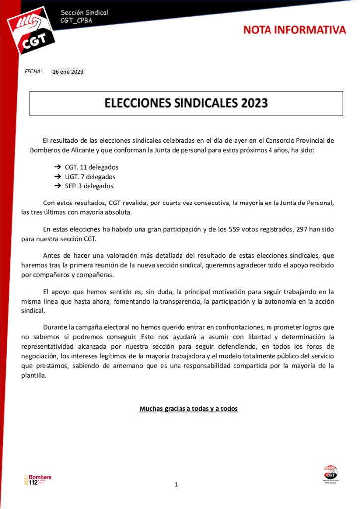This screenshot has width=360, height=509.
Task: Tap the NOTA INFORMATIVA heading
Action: tap(294, 30)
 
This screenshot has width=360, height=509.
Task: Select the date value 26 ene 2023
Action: tap(68, 72)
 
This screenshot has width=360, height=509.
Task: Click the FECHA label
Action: tap(33, 72)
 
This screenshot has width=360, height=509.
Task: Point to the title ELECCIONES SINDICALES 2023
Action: tap(186, 103)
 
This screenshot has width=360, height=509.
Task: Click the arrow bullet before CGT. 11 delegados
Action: tap(57, 167)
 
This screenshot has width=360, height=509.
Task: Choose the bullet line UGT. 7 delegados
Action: tap(90, 177)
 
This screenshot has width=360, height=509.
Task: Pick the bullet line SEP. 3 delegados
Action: tap(90, 186)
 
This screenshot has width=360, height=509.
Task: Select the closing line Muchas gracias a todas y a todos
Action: tap(188, 409)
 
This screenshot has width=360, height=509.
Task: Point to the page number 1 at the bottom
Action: tap(176, 484)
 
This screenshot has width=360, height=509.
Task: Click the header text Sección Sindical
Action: tap(84, 12)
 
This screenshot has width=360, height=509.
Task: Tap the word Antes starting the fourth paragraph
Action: tap(52, 256)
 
